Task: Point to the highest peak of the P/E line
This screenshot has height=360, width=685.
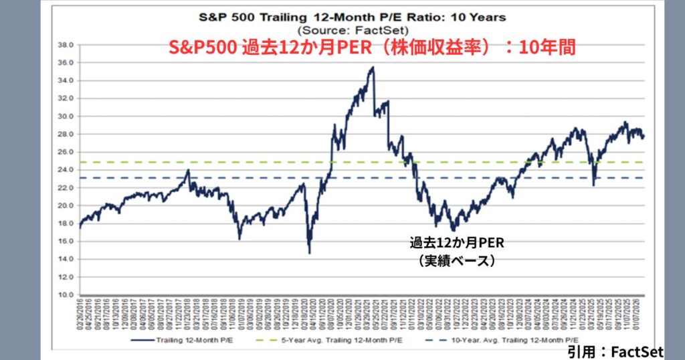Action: pos(373,68)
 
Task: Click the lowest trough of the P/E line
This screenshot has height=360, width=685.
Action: pos(309,252)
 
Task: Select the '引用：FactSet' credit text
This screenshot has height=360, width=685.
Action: pos(615,351)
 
